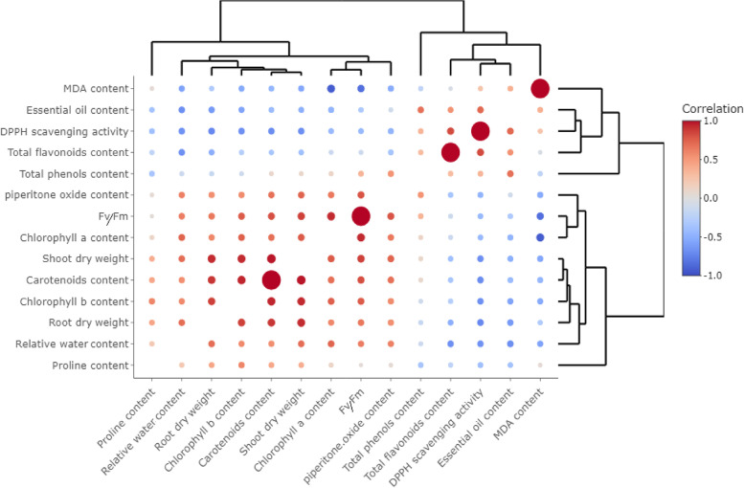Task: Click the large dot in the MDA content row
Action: click(540, 89)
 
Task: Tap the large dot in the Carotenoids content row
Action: click(271, 279)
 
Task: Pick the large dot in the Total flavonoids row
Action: click(450, 152)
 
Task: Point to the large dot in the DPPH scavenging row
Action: click(481, 131)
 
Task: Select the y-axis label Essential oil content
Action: click(76, 110)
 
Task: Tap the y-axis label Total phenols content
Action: click(75, 173)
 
